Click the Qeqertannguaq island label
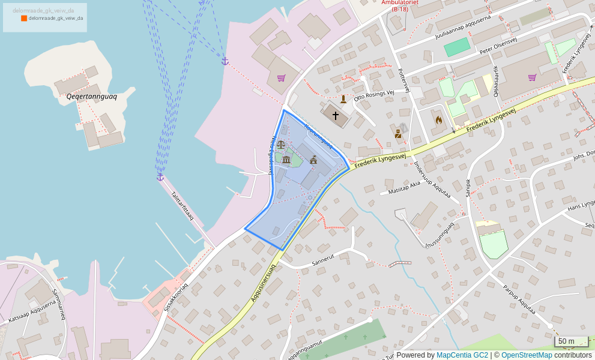[91, 96]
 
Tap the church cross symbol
[335, 115]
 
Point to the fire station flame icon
[439, 119]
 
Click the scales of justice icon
[281, 145]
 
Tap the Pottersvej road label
[403, 80]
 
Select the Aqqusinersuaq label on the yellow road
[263, 284]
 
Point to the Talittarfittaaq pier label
[183, 205]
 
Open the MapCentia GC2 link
[462, 355]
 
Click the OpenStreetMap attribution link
[527, 355]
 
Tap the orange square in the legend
[24, 19]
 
